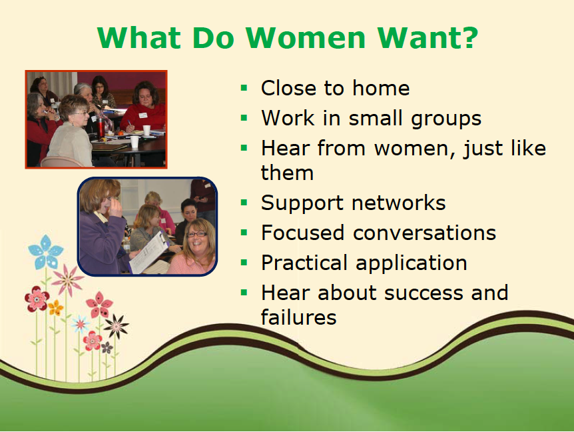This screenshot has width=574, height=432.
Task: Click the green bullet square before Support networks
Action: [244, 201]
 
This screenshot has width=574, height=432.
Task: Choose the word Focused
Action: [304, 233]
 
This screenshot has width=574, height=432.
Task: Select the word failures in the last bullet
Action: [298, 317]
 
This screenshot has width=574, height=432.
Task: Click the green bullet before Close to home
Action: [244, 87]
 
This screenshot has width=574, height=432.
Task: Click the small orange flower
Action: [55, 307]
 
